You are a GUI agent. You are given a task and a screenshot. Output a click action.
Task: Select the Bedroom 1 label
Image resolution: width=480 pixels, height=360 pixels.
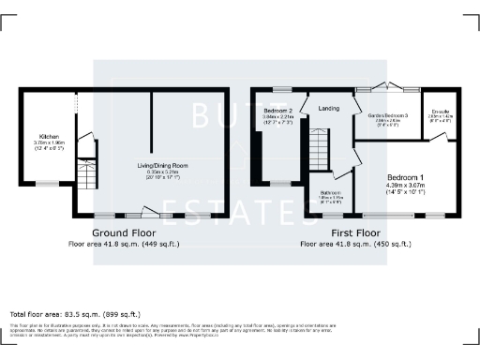[x=405, y=177]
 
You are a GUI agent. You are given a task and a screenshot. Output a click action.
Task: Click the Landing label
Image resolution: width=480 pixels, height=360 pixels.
[x=329, y=108]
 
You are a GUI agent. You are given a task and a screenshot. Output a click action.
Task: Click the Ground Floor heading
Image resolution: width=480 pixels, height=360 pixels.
[x=123, y=232]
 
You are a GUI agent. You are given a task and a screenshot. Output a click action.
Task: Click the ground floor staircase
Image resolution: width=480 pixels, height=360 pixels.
[x=85, y=147]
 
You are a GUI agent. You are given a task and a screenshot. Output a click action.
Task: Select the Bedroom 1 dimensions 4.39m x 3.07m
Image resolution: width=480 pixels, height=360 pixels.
[x=406, y=186]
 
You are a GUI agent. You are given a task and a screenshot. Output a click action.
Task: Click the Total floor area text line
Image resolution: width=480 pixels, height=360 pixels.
[x=74, y=314]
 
